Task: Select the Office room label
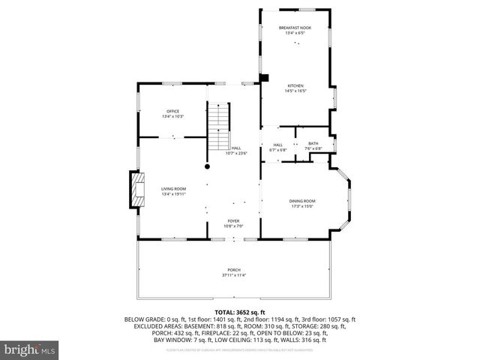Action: coord(172,112)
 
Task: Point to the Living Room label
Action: coord(172,188)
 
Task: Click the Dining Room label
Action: coord(302,200)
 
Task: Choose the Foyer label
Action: coord(234,221)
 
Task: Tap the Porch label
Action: coord(234,270)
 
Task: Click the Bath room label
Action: coord(313,143)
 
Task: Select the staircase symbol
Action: coord(218,127)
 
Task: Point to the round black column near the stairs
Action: coord(208,166)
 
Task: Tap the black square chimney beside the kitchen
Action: coord(264,77)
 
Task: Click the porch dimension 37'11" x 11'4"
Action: coord(234,275)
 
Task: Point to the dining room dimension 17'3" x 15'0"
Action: coord(302,206)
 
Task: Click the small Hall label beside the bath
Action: coord(277,145)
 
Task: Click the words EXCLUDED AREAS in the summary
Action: coord(151,326)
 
